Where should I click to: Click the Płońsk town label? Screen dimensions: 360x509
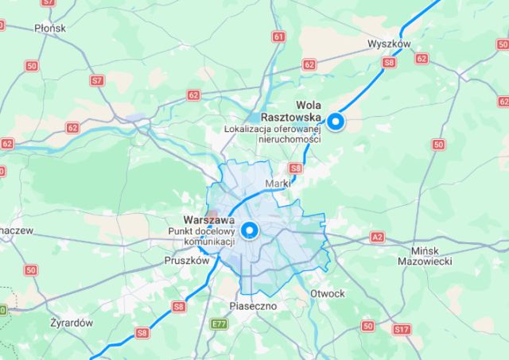pos(50,28)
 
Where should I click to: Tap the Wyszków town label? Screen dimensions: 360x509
pos(389,45)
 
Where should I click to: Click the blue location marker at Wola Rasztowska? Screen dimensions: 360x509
pos(337,122)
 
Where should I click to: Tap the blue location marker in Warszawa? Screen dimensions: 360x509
pos(251,230)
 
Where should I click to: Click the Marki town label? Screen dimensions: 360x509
pos(278,184)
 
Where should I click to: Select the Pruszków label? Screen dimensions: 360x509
pos(186,260)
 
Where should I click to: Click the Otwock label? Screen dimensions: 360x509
pos(328,293)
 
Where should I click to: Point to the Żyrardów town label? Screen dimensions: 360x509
pos(71,323)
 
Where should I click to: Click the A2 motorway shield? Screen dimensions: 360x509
pos(376,237)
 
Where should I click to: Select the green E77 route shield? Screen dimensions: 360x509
pos(219,324)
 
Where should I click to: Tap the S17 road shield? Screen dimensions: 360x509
pos(402,327)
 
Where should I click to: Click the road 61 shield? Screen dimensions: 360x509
pos(278,37)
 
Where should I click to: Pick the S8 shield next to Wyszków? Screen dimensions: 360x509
pos(389,61)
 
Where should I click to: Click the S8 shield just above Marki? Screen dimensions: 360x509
pos(295,168)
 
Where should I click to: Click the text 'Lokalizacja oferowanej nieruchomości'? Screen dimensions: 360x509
pos(271,134)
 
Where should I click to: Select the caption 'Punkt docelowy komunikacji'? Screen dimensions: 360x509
pos(200,236)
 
